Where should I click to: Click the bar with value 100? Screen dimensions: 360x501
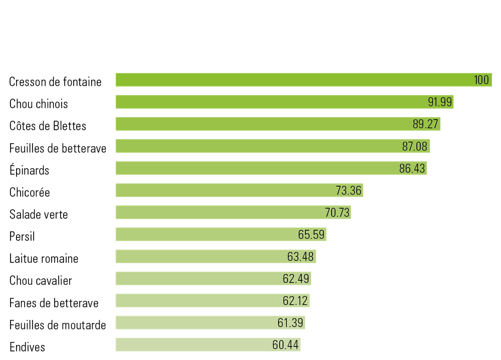[x=291, y=80]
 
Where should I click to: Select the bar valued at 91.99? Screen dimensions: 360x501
[x=271, y=102]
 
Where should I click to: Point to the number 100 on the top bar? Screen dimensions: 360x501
[x=481, y=80]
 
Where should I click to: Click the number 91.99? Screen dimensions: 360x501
[x=440, y=102]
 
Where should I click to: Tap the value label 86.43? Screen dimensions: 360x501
[x=412, y=168]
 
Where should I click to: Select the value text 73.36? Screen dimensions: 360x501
[x=349, y=190]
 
